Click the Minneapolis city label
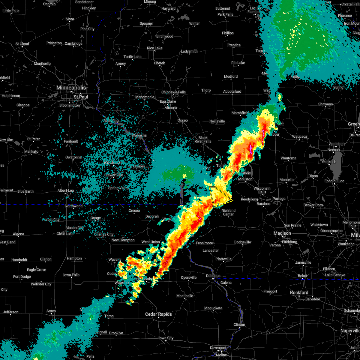coord(71,88)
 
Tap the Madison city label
coord(282,233)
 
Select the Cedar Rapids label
coord(158,314)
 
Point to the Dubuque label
coord(213,276)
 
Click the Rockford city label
coord(299,292)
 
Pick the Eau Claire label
coord(168,101)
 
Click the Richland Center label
coord(228,212)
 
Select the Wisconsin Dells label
coord(262,190)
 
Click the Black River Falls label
coord(203,139)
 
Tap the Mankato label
coord(31,151)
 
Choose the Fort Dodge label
coord(22,277)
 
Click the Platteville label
coord(223,259)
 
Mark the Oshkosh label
coord(329,162)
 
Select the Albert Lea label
coord(65,190)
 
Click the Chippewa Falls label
coord(173,92)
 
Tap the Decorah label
coord(152,216)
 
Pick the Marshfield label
coord(240,113)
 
